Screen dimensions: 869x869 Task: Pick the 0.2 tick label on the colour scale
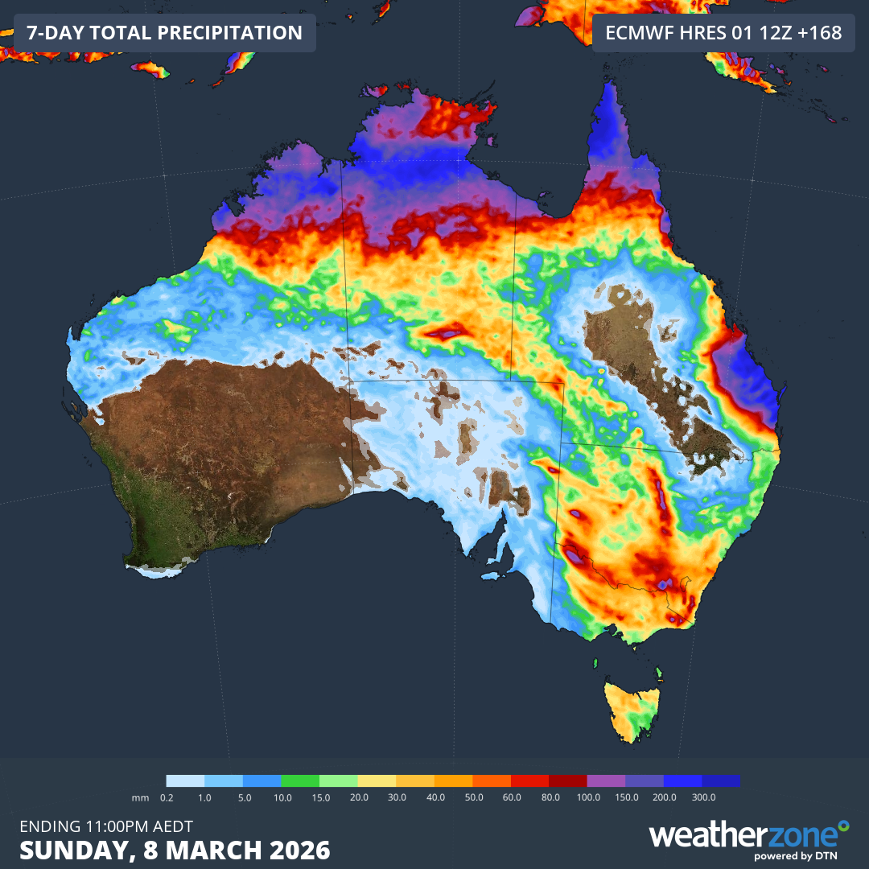coord(167,797)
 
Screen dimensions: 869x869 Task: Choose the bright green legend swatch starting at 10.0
coord(300,780)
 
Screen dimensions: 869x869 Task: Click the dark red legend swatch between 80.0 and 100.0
coord(567,780)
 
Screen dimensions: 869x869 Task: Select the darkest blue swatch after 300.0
coord(720,780)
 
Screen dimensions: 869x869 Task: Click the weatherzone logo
coord(748,837)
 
